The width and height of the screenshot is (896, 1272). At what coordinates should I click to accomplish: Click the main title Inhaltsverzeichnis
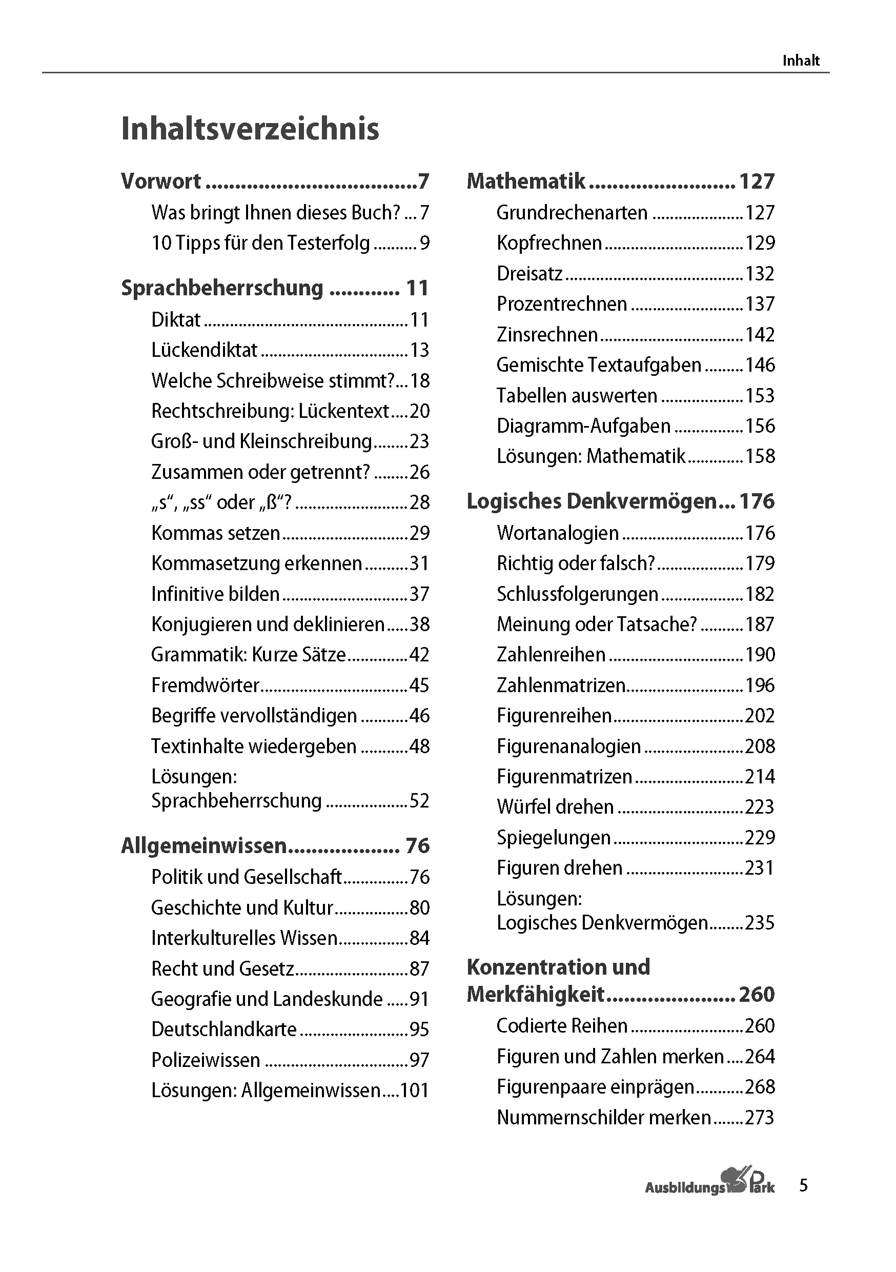click(x=250, y=129)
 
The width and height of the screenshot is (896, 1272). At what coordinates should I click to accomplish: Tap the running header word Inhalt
click(x=800, y=60)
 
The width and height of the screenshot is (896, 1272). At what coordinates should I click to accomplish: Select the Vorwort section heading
click(x=161, y=181)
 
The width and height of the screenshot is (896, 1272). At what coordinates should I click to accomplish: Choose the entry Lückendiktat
click(x=205, y=350)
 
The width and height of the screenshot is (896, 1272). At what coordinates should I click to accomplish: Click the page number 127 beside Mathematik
click(x=757, y=181)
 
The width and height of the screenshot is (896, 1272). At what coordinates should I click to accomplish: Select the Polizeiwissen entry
click(x=206, y=1060)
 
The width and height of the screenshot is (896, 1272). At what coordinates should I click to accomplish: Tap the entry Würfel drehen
click(x=555, y=806)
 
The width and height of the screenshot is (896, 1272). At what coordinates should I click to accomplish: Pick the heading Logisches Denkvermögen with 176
click(x=592, y=501)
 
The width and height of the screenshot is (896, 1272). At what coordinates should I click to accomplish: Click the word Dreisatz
click(x=530, y=274)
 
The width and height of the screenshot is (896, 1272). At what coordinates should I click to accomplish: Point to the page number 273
click(x=759, y=1118)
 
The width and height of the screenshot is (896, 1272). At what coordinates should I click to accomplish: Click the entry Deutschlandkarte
click(x=223, y=1029)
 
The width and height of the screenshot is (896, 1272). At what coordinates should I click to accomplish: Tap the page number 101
click(x=414, y=1091)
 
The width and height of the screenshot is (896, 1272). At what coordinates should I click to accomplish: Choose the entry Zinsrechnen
click(x=547, y=335)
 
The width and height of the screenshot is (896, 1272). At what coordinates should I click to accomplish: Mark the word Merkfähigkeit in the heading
click(x=535, y=995)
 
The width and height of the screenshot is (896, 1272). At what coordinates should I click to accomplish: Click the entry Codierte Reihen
click(x=561, y=1026)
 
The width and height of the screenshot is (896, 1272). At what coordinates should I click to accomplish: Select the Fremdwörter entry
click(x=205, y=685)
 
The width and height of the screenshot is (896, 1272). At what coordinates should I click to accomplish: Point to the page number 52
click(x=419, y=801)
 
